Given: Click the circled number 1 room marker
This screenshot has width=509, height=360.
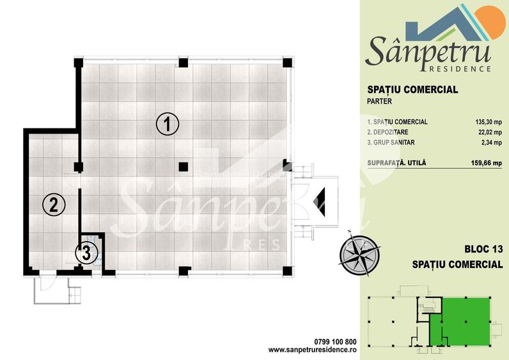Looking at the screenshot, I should click(168, 124).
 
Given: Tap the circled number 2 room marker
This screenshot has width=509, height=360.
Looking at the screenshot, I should click(54, 205).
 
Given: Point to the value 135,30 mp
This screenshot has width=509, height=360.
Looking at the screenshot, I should click(485, 121).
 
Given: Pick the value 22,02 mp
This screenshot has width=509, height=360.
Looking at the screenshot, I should click(487, 134).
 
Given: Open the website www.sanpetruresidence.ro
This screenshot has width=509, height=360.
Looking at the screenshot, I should click(311, 350).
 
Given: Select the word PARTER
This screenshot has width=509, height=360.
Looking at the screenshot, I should click(380, 101).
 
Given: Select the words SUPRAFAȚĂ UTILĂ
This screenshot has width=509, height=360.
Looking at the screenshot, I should click(396, 163).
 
